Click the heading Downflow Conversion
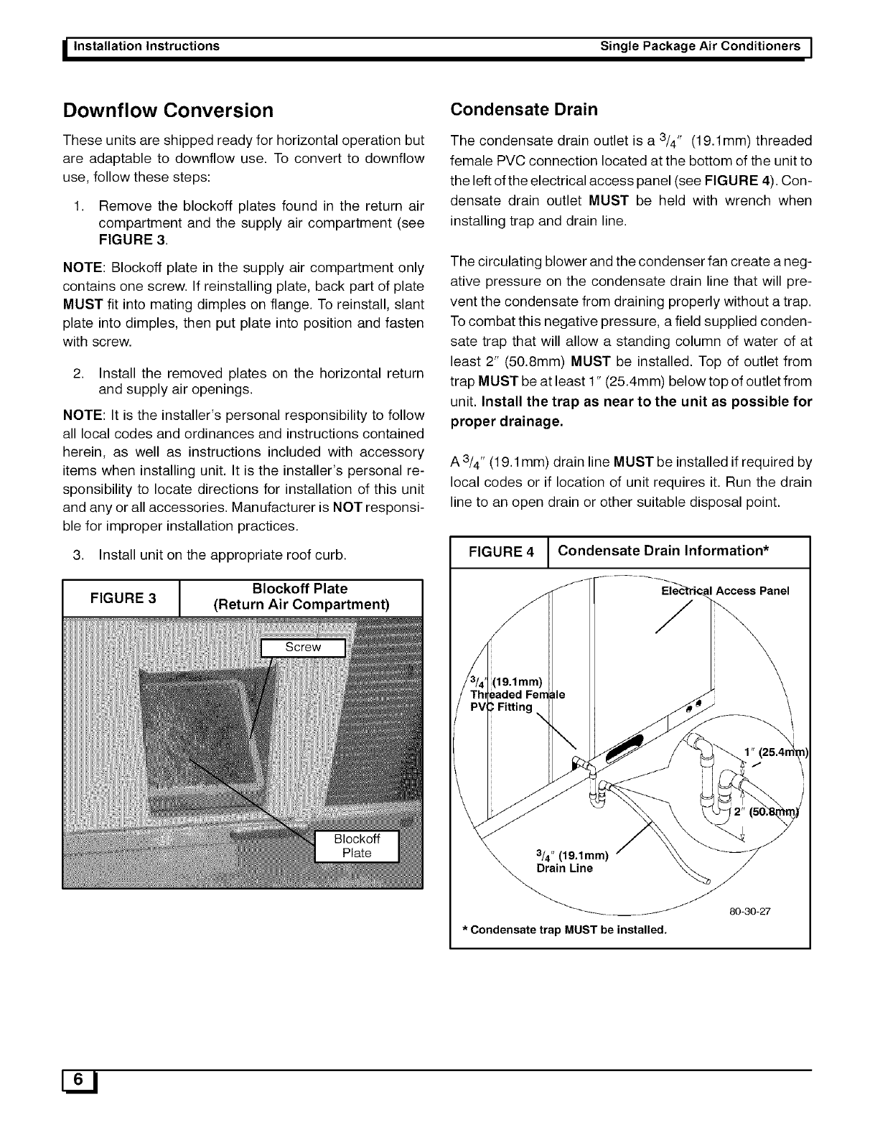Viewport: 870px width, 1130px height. [169, 111]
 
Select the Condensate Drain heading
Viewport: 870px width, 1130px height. [523, 109]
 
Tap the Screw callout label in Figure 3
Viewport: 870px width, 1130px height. [303, 647]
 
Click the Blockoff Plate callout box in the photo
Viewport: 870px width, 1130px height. [357, 846]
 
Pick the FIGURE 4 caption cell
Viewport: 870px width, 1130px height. [500, 552]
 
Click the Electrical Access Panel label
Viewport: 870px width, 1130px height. [724, 591]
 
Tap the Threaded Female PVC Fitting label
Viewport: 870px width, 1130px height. [507, 694]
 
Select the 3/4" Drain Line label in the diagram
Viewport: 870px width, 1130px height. [572, 861]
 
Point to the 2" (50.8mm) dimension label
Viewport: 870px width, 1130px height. [767, 812]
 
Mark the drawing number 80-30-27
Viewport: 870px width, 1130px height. [749, 912]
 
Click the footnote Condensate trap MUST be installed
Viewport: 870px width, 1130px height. [564, 930]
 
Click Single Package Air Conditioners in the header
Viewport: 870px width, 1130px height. [700, 46]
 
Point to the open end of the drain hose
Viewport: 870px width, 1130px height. [705, 881]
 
